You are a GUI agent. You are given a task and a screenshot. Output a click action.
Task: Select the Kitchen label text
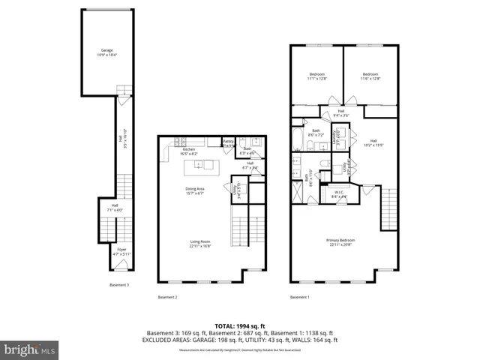(189, 151)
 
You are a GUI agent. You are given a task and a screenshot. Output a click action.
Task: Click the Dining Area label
(195, 190)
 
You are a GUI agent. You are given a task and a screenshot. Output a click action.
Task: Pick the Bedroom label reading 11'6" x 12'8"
(370, 76)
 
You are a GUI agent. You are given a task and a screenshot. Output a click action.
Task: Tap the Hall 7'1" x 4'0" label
(115, 208)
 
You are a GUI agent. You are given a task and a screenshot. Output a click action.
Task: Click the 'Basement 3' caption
(119, 285)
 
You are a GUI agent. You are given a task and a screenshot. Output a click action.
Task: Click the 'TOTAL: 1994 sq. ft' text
(240, 326)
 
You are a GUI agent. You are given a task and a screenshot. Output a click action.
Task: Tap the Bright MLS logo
(29, 349)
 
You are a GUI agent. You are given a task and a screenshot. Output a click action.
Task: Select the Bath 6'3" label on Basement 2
(247, 149)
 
